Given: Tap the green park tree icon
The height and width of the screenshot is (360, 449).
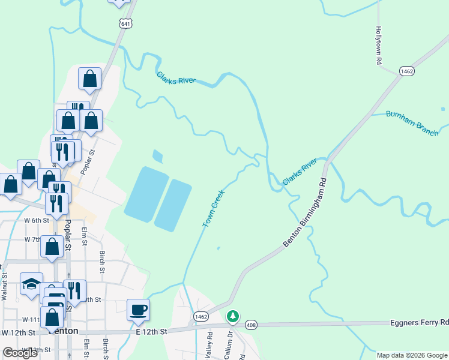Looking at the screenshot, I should [x=232, y=316].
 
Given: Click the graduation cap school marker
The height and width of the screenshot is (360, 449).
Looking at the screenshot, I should [x=31, y=284].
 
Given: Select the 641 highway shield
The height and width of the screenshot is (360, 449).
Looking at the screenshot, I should [x=125, y=23].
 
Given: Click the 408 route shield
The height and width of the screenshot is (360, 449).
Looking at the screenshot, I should [x=251, y=325].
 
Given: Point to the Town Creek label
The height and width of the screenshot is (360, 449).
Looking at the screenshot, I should [x=213, y=209].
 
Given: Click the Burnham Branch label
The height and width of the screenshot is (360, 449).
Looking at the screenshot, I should [x=412, y=122].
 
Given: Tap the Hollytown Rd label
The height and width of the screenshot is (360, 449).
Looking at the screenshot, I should [x=378, y=45].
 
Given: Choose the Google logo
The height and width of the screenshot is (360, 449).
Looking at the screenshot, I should [x=20, y=353].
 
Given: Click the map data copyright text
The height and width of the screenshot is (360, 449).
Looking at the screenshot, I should [x=412, y=355].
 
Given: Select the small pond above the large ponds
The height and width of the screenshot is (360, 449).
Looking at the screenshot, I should [x=157, y=157].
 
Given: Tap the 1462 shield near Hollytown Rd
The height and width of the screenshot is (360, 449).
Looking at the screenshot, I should [x=407, y=71].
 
